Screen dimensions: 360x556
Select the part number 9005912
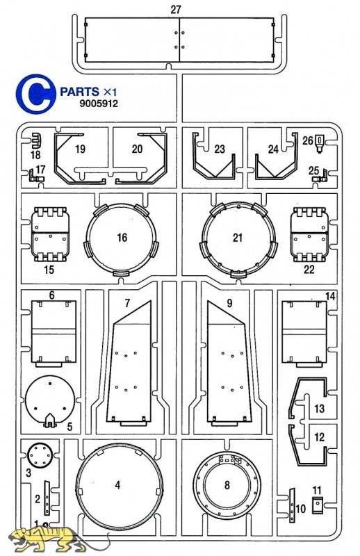[99, 104]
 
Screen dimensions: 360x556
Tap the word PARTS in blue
[79, 92]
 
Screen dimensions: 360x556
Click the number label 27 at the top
[176, 9]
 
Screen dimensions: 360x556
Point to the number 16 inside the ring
[122, 237]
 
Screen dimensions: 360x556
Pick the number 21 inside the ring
[237, 237]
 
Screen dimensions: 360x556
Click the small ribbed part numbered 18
[36, 141]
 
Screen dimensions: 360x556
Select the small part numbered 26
[320, 144]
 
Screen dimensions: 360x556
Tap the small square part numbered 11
[317, 505]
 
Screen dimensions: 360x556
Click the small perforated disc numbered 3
[40, 455]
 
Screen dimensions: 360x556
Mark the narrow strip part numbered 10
[292, 505]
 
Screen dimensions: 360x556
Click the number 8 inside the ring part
[227, 484]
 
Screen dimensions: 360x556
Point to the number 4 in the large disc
[117, 484]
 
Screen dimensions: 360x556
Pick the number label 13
[319, 409]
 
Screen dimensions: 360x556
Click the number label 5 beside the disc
[69, 426]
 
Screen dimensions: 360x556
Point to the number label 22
[309, 270]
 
